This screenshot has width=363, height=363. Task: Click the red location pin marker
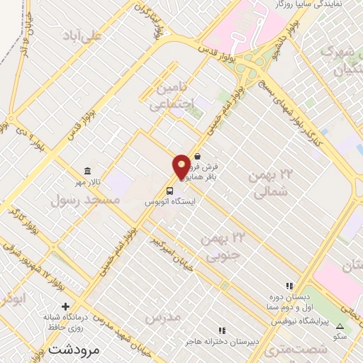[181, 167]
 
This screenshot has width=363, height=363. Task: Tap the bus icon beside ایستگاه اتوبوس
[170, 190]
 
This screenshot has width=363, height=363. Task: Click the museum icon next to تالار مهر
[87, 172]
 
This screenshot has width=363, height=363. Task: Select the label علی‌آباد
[82, 35]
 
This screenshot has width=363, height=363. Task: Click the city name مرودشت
[72, 349]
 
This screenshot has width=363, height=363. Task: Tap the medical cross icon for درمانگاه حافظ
[66, 307]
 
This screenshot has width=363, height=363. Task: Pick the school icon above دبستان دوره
[289, 285]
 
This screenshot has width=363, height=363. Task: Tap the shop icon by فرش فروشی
[197, 157]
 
